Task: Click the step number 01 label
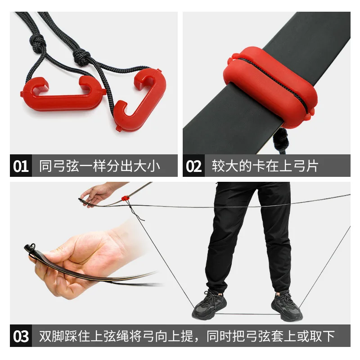coord(21,166)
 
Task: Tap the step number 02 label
coord(194,166)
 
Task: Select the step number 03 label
coord(21,336)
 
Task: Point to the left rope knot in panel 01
coord(37,43)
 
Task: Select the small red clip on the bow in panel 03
coord(125,198)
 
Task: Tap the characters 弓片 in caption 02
coord(306,166)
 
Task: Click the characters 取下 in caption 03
coord(322,336)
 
